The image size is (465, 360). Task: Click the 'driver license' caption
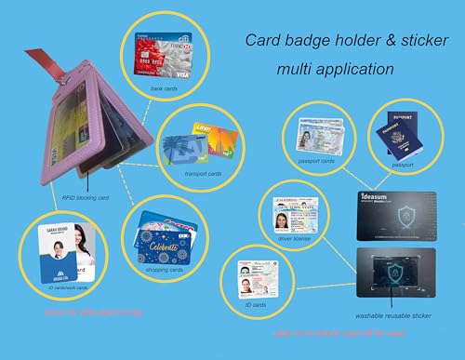286,240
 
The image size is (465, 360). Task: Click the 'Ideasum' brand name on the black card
376,197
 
